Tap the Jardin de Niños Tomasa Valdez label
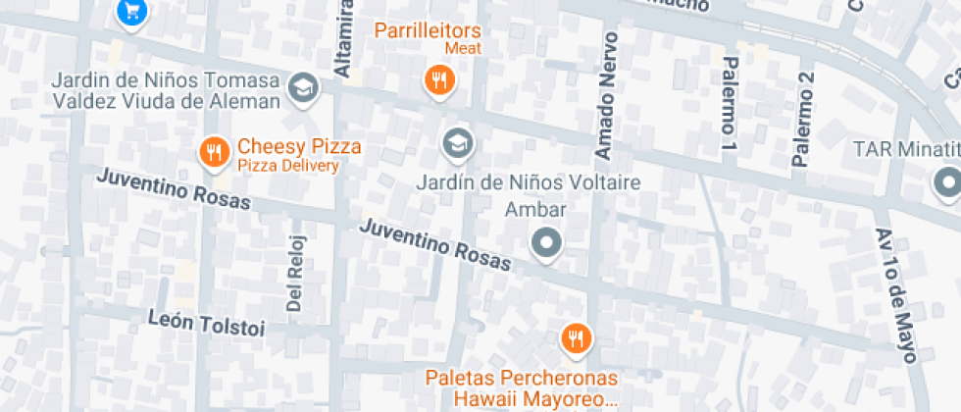click(x=167, y=89)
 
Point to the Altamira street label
click(x=343, y=39)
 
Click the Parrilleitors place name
click(x=440, y=29)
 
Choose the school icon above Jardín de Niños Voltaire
click(x=457, y=145)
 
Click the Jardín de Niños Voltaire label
click(x=529, y=182)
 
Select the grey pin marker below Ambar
click(x=545, y=242)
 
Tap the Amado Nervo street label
click(x=607, y=95)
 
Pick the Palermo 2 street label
click(x=804, y=118)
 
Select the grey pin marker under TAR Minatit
click(x=946, y=182)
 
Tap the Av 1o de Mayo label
click(x=895, y=294)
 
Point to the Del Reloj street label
click(x=296, y=274)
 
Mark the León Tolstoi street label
click(x=206, y=323)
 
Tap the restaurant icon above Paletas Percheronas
click(x=575, y=339)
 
